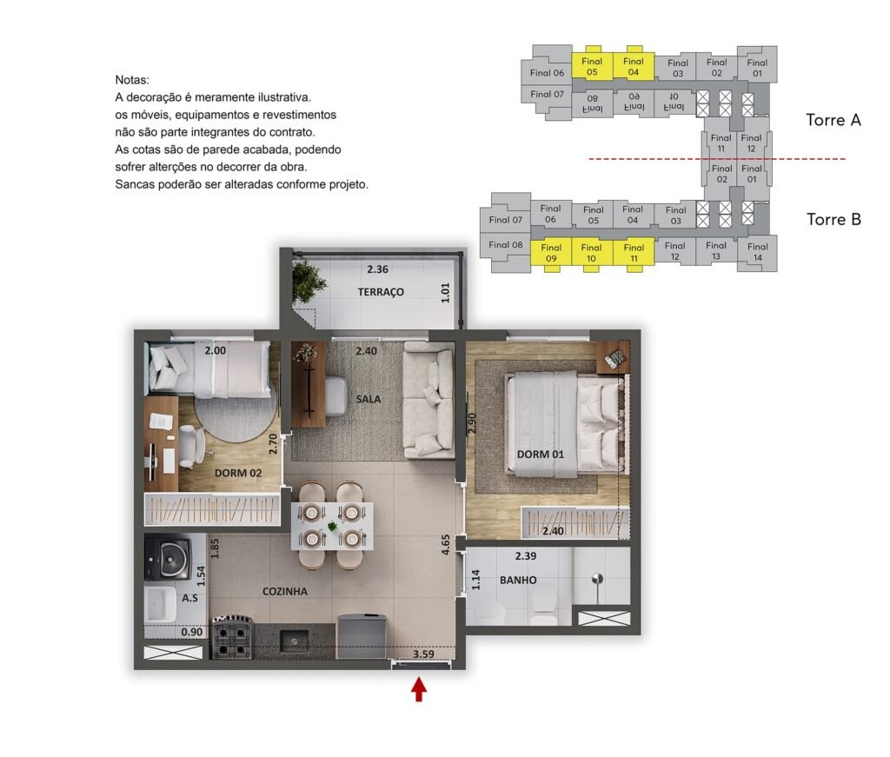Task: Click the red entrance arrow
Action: pos(419,689)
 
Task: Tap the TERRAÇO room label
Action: pos(381,292)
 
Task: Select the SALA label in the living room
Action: pos(369,399)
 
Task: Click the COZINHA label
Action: pos(285,591)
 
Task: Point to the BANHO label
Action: pos(518,580)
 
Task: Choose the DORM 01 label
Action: pos(541,454)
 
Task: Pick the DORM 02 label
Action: pos(238,473)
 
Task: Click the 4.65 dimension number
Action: pos(446,545)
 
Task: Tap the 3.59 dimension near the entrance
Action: pos(423,654)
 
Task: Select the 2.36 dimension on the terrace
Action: pos(377,269)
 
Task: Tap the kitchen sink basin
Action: pos(295,641)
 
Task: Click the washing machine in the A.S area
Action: pos(167,558)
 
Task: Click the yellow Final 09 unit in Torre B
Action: pos(551,253)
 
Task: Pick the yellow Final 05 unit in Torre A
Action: pos(591,66)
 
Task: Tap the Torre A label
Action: pos(834,120)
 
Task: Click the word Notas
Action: pos(132,80)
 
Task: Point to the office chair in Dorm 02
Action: pos(192,447)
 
